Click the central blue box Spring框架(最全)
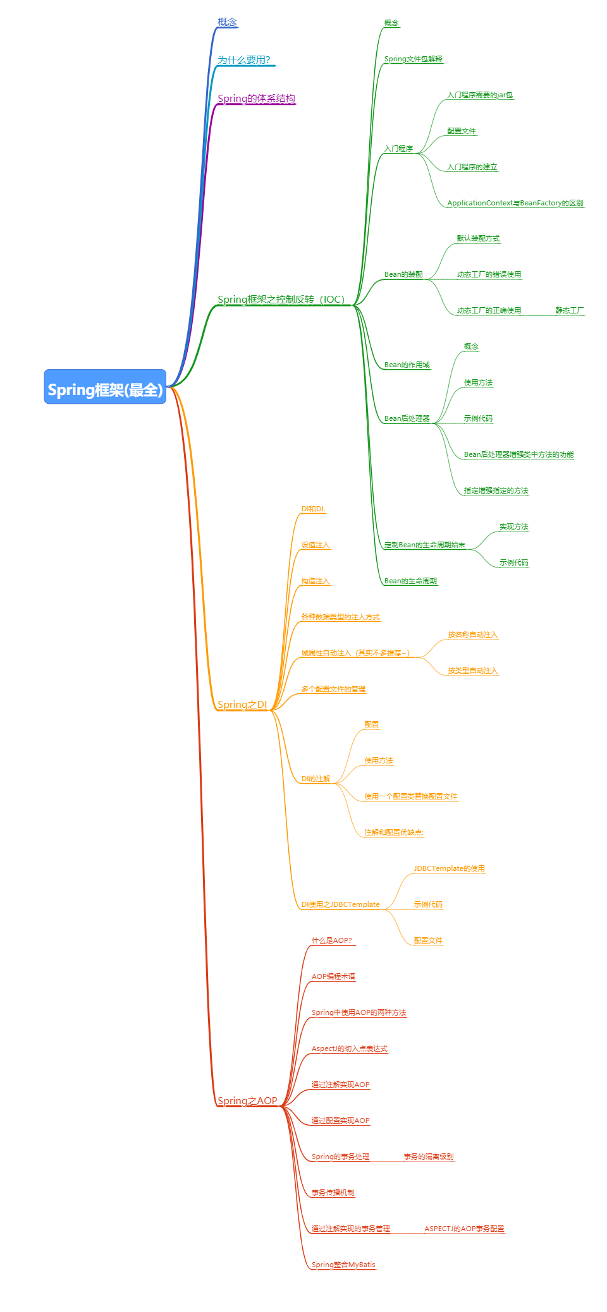point(105,387)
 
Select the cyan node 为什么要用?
point(244,59)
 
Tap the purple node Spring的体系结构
point(256,98)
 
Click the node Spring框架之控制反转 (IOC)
point(281,299)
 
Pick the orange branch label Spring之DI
point(242,704)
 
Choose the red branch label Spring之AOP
point(247,1100)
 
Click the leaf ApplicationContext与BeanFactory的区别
point(515,203)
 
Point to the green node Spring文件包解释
point(414,59)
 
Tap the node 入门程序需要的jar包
point(480,95)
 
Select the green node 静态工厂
point(570,310)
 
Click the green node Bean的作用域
point(407,365)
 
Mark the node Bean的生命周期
point(410,581)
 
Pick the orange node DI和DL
point(313,509)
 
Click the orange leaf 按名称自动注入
point(473,635)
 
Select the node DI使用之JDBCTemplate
point(340,904)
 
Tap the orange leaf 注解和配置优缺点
point(394,832)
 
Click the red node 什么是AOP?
point(331,940)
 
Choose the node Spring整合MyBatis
point(343,1265)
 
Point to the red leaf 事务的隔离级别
point(429,1157)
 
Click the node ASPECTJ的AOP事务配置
point(464,1229)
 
